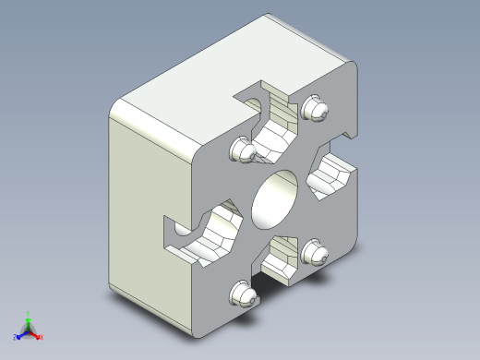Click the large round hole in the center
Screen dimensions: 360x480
(x=274, y=198)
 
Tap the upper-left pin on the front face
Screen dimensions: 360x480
(x=243, y=150)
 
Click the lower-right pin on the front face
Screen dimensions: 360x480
(x=315, y=252)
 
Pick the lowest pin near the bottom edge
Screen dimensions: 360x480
(x=241, y=294)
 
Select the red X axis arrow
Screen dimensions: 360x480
(x=36, y=334)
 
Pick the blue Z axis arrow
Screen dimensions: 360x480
(x=21, y=333)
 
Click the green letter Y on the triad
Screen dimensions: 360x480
(x=29, y=312)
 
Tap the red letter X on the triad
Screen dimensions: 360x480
(x=42, y=338)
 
